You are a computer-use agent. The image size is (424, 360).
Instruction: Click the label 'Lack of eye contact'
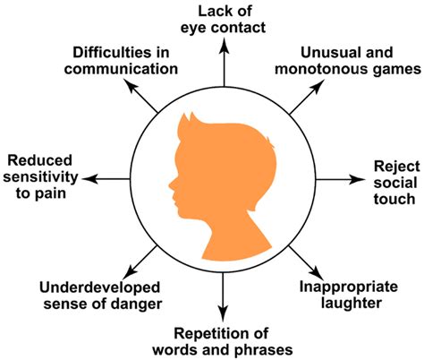tap(223, 20)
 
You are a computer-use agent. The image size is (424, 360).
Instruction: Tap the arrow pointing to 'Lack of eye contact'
tap(224, 63)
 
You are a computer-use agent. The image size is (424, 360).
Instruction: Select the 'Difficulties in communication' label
tap(121, 61)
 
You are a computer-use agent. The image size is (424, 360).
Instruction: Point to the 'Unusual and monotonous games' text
tap(348, 61)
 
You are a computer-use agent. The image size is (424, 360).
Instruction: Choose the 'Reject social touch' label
tap(396, 183)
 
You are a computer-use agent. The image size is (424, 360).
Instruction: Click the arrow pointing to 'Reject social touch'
tap(340, 179)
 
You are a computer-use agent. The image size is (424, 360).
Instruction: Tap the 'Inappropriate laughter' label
tap(348, 295)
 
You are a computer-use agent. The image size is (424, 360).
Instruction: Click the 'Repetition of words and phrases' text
tap(223, 341)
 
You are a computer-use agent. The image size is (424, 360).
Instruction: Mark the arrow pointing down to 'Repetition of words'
tap(223, 297)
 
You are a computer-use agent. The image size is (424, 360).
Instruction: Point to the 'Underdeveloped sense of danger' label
tap(100, 296)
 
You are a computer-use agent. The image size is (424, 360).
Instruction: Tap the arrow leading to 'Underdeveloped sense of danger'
tap(140, 262)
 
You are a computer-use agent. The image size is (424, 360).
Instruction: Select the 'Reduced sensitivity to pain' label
tap(40, 176)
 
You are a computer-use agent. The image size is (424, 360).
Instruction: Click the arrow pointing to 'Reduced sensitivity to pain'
tap(106, 179)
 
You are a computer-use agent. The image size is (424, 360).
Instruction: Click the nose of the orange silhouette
tap(171, 184)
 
